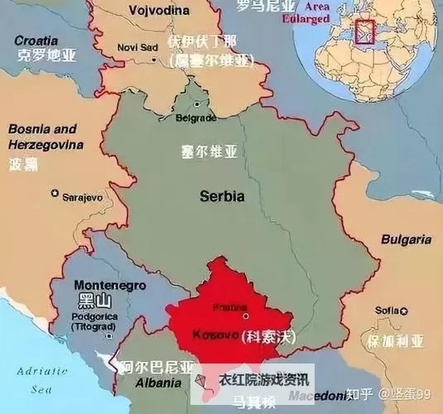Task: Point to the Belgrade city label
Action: (x=197, y=118)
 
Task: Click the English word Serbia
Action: (x=222, y=197)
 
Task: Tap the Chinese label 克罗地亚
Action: (x=46, y=55)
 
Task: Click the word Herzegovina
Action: (x=46, y=145)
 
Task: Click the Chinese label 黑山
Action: (x=89, y=299)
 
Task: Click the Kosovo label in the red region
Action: (x=215, y=336)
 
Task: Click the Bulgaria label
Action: (x=406, y=239)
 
